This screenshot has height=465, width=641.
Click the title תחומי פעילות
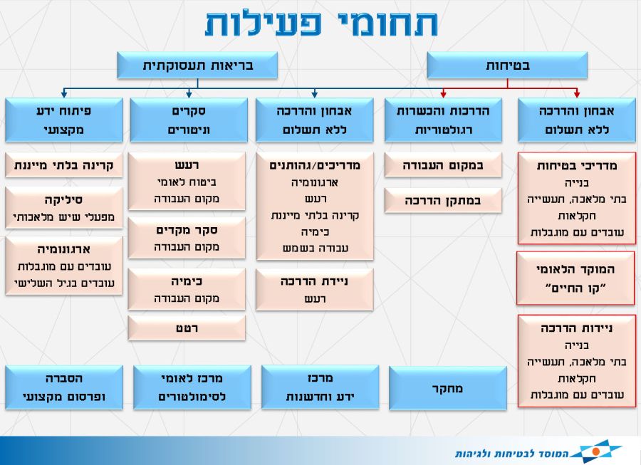[x=321, y=23]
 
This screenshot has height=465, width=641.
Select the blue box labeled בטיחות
[x=507, y=66]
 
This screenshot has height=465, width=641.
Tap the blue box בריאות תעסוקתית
[x=197, y=66]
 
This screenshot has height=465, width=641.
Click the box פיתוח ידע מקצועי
[x=64, y=120]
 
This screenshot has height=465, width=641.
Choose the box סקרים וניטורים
[x=189, y=120]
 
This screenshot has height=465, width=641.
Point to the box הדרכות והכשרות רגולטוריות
[x=443, y=120]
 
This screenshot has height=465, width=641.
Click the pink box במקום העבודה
[x=443, y=165]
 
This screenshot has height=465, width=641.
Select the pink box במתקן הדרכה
[x=443, y=201]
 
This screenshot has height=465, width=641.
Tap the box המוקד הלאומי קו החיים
[x=575, y=278]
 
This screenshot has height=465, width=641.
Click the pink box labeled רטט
[x=187, y=328]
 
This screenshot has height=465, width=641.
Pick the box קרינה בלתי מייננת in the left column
[x=64, y=165]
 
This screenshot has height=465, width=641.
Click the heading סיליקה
[x=63, y=200]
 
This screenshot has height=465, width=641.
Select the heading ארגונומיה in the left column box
[x=64, y=249]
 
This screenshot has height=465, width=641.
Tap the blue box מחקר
[x=448, y=388]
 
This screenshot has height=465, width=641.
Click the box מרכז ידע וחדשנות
[x=320, y=387]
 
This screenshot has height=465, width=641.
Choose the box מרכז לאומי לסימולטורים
[x=192, y=387]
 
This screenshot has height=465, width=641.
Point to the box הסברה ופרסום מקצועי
[x=64, y=387]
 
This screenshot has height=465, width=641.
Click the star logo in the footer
[x=596, y=451]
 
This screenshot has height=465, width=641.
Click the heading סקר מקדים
[x=187, y=230]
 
